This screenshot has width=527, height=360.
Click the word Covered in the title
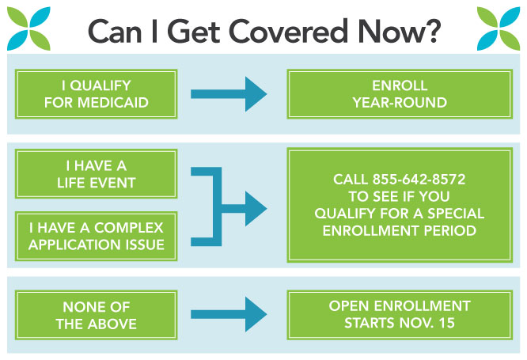[288, 32]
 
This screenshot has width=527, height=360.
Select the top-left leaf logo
[28, 28]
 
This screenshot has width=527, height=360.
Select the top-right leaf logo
[499, 28]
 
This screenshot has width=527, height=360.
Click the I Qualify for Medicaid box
[96, 94]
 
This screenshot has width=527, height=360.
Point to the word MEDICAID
[113, 103]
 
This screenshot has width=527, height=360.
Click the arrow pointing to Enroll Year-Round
[229, 94]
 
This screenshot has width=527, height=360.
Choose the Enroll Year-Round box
[400, 94]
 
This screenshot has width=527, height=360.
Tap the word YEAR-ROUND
[400, 103]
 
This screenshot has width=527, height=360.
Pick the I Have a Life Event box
[96, 174]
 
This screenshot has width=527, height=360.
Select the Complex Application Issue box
[96, 236]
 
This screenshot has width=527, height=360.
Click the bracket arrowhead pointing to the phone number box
[256, 208]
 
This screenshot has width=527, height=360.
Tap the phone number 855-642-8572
[419, 179]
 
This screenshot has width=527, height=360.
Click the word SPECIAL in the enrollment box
[456, 214]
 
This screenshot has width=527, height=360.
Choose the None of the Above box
[96, 315]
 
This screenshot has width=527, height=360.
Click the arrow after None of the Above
[229, 314]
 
